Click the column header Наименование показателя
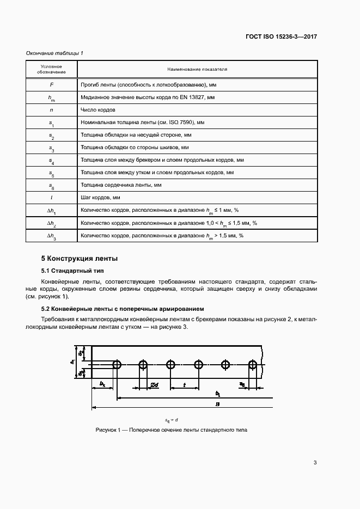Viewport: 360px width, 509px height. tap(197, 70)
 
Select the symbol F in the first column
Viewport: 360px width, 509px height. tap(52, 85)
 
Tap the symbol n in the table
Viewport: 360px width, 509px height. tap(52, 109)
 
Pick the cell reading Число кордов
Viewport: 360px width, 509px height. tap(97, 109)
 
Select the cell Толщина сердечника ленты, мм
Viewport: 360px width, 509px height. tap(121, 185)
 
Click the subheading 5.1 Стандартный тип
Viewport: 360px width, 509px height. tap(72, 271)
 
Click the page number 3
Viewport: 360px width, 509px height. tap(315, 463)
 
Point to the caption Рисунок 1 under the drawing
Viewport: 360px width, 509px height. tap(171, 430)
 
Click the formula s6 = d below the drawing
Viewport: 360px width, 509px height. tap(172, 420)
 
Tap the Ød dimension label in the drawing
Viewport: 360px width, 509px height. tap(154, 385)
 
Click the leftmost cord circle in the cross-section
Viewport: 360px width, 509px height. tap(117, 364)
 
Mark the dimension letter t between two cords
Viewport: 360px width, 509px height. tap(184, 385)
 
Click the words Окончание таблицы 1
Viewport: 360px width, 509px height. tap(54, 53)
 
